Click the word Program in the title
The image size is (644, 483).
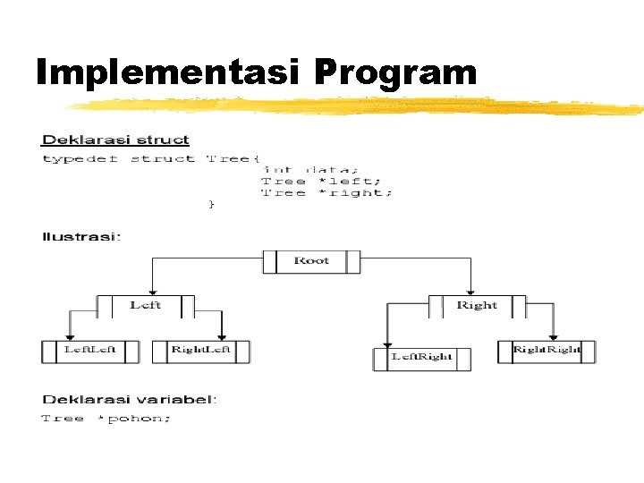click(x=396, y=71)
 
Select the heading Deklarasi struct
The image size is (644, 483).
click(x=115, y=140)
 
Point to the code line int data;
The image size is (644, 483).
click(x=309, y=169)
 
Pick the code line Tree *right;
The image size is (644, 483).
click(x=326, y=192)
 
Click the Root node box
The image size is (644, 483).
click(x=311, y=261)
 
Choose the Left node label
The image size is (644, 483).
click(x=145, y=305)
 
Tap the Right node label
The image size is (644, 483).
click(x=477, y=305)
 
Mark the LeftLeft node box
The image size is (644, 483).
click(x=89, y=351)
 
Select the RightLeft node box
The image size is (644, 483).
click(x=201, y=351)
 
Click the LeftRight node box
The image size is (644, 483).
click(x=421, y=358)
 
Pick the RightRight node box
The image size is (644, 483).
click(x=547, y=351)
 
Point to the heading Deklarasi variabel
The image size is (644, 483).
click(x=130, y=400)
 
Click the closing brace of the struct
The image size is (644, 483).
click(x=212, y=205)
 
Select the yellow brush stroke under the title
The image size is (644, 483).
click(x=358, y=107)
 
